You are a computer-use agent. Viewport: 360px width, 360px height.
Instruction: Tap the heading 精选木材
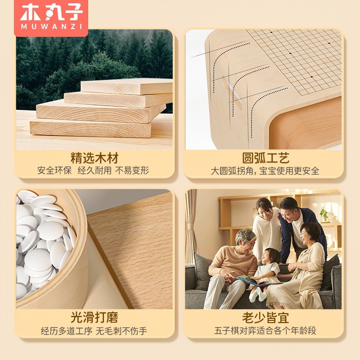[94, 158]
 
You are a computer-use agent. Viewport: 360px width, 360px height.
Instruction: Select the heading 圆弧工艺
[265, 158]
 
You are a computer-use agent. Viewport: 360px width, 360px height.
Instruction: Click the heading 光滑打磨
[94, 318]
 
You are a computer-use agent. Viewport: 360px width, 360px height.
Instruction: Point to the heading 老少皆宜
[265, 318]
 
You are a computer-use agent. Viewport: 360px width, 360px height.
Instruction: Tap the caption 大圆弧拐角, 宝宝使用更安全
[265, 171]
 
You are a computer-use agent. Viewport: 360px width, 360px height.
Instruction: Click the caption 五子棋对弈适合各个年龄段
[265, 331]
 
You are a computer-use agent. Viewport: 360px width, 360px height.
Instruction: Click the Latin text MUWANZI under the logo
[51, 27]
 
